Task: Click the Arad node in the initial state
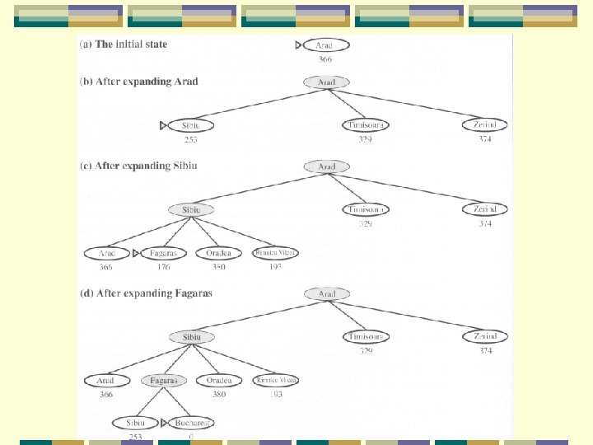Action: [x=326, y=45]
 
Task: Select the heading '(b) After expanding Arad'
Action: [x=138, y=82]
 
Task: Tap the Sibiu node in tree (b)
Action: [x=190, y=125]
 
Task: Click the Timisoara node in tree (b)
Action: [x=366, y=125]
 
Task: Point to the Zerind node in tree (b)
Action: [x=484, y=125]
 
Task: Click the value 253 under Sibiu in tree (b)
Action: [x=190, y=139]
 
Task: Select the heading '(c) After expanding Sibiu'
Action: [x=138, y=166]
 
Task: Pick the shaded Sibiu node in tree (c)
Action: [x=191, y=210]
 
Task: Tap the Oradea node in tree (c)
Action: [x=219, y=253]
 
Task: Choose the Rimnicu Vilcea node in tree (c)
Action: [x=276, y=253]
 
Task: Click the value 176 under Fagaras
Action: [x=163, y=267]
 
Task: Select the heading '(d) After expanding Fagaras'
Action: [x=146, y=293]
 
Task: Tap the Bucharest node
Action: [x=191, y=423]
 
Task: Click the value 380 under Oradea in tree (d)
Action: [x=219, y=394]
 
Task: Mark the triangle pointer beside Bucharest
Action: [x=165, y=423]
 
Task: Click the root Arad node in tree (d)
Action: [x=326, y=294]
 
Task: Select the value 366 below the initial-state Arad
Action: [x=326, y=59]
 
